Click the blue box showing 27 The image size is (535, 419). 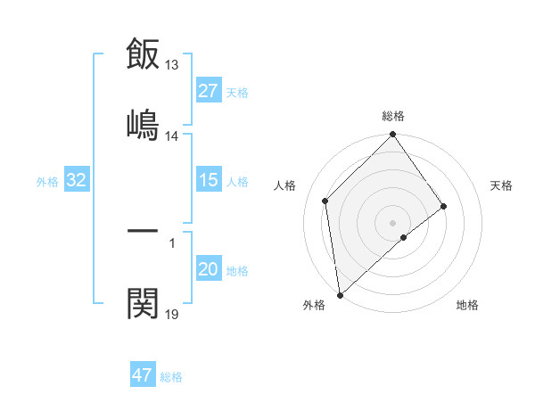(209, 91)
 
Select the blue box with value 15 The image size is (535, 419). (209, 180)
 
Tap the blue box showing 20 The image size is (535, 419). (209, 269)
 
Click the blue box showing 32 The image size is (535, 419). (77, 180)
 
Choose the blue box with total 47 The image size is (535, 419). (143, 375)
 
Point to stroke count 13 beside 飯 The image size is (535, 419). (172, 65)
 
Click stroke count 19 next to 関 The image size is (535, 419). (172, 314)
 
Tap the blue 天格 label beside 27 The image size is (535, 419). (237, 92)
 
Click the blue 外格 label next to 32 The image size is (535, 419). (47, 181)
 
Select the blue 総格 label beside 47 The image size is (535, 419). (171, 376)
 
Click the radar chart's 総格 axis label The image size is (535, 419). (393, 116)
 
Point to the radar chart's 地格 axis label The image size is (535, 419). (467, 305)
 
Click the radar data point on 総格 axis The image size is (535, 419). (393, 135)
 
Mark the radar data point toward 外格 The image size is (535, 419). (340, 294)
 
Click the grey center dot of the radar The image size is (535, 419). (393, 222)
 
